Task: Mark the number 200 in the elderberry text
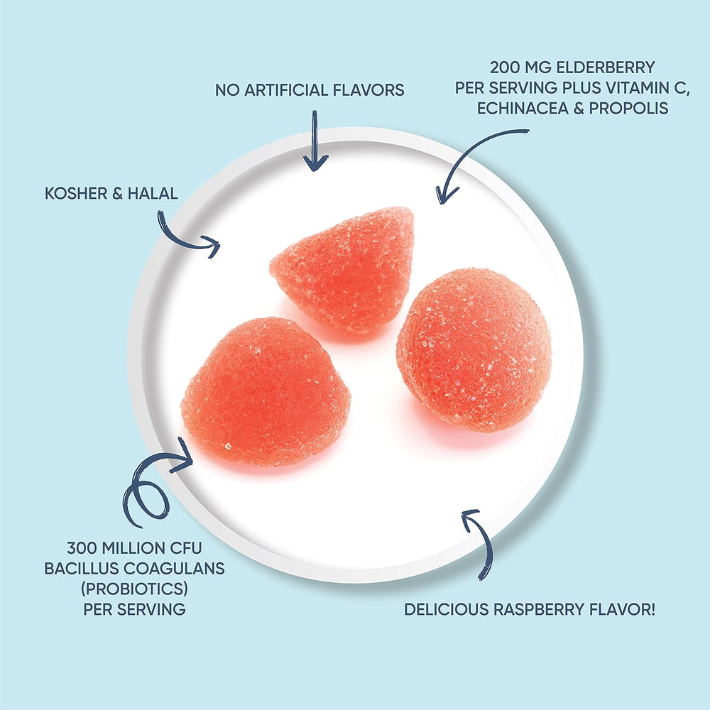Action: (506, 69)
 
